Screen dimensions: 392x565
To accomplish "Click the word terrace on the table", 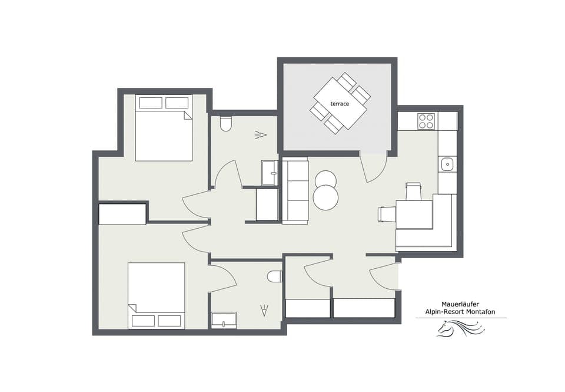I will pyautogui.click(x=340, y=104).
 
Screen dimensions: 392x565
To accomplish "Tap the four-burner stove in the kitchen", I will pyautogui.click(x=426, y=121).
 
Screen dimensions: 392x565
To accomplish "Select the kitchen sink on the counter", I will pyautogui.click(x=447, y=163).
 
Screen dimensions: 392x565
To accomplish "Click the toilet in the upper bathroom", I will pyautogui.click(x=225, y=124).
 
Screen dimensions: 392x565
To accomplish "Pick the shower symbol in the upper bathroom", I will pyautogui.click(x=260, y=136).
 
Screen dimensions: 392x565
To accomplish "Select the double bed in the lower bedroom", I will pyautogui.click(x=156, y=295).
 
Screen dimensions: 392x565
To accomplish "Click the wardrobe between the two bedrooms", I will pyautogui.click(x=122, y=214).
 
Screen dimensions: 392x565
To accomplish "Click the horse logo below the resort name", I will pyautogui.click(x=461, y=328).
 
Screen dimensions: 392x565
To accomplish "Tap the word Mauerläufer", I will pyautogui.click(x=461, y=304).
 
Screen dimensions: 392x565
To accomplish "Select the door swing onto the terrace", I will pyautogui.click(x=373, y=167).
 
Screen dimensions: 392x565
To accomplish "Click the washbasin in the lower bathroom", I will pyautogui.click(x=224, y=320).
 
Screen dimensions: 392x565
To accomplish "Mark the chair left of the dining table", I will pyautogui.click(x=387, y=214).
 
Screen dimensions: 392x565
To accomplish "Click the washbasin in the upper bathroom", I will pyautogui.click(x=270, y=173).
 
